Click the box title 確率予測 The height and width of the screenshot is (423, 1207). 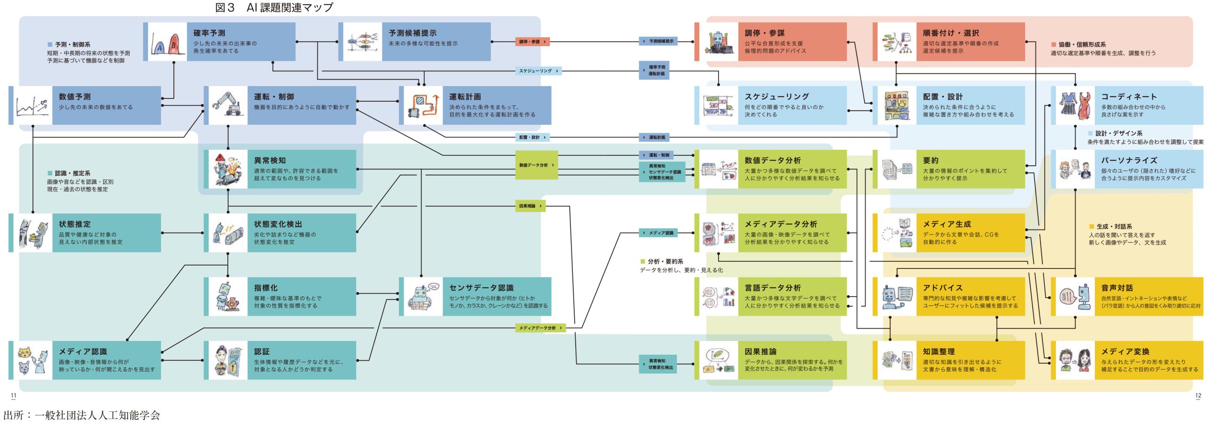click(209, 33)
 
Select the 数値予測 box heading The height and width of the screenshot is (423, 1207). click(74, 97)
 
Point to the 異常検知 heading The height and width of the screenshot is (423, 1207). click(270, 161)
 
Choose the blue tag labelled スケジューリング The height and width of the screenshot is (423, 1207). click(538, 71)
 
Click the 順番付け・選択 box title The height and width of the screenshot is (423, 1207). click(951, 33)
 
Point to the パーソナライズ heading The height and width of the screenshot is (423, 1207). click(1129, 161)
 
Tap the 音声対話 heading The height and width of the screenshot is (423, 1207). click(1116, 288)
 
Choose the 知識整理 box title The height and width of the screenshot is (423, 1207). click(938, 351)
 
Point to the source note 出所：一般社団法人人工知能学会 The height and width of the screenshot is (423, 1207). click(82, 415)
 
